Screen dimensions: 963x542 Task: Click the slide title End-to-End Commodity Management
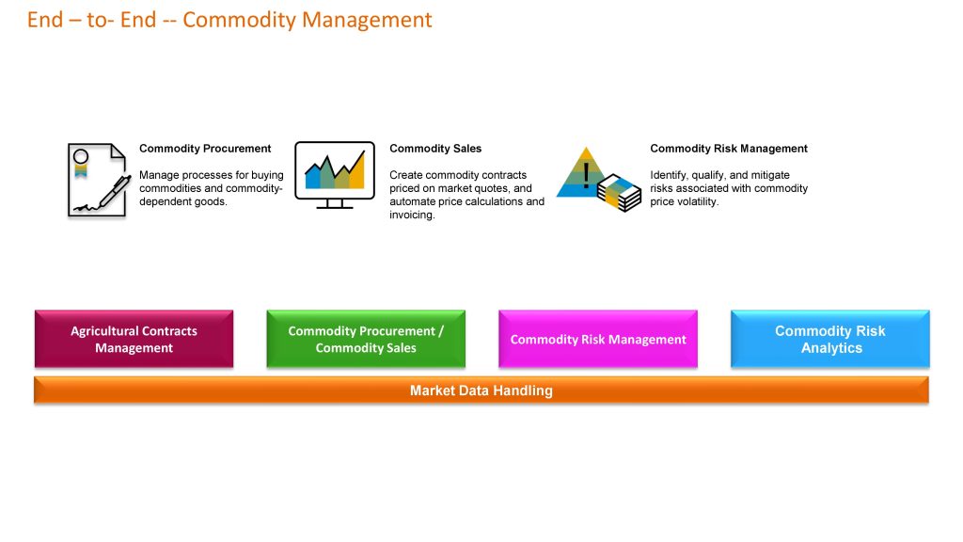tap(229, 20)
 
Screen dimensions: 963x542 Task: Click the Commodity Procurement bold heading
tap(205, 149)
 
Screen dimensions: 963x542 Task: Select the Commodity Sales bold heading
tap(435, 149)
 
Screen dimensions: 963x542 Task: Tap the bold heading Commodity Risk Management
tap(729, 149)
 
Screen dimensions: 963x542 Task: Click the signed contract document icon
tap(98, 180)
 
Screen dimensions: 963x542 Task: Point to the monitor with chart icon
tap(335, 175)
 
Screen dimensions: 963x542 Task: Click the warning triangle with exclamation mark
tap(582, 173)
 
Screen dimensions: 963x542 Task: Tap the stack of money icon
tap(619, 192)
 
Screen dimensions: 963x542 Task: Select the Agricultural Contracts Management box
tap(134, 339)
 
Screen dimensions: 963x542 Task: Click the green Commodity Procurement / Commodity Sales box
tap(366, 339)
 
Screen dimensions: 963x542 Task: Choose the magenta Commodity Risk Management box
tap(598, 339)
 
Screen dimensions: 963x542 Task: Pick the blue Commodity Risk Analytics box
tap(830, 339)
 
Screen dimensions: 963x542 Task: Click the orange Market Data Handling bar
tap(481, 391)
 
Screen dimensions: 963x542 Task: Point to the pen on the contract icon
tap(115, 192)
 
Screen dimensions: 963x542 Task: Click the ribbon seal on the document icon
tap(81, 163)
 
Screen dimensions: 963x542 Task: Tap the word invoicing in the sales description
tap(412, 215)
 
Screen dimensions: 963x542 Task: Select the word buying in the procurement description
tap(267, 176)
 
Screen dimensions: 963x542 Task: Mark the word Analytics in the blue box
tap(831, 348)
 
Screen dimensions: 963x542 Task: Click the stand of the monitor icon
tap(335, 204)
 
